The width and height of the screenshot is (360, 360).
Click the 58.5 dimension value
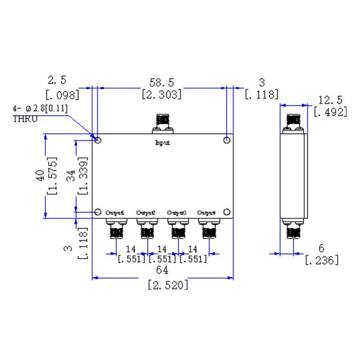[x=162, y=82]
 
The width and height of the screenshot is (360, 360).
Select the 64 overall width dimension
[x=162, y=270]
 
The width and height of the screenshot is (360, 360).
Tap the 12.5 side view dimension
[x=330, y=99]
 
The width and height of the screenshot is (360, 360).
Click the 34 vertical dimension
[x=71, y=175]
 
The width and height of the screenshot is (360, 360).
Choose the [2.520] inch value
[x=168, y=285]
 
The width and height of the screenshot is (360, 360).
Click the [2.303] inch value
[x=162, y=94]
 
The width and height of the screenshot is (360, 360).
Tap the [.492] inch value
[x=330, y=112]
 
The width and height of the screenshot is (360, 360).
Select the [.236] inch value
[x=322, y=260]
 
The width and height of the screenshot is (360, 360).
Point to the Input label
[x=162, y=144]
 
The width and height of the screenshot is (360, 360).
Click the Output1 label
[x=115, y=212]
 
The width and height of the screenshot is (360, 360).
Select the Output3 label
[x=176, y=212]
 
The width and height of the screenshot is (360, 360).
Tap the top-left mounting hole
[x=99, y=140]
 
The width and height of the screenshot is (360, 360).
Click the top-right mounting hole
[x=227, y=140]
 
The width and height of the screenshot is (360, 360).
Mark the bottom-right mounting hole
[x=227, y=212]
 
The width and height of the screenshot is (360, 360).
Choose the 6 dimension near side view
[x=321, y=248]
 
